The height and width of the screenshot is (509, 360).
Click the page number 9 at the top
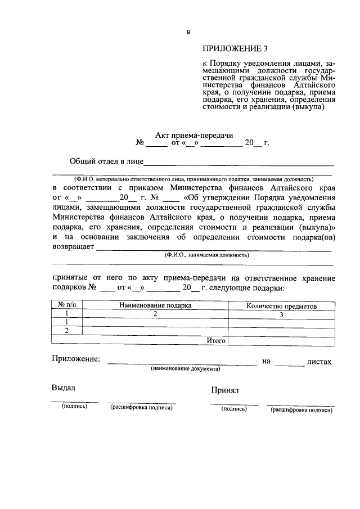(x=188, y=32)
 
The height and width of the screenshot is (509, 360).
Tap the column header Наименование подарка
(x=155, y=306)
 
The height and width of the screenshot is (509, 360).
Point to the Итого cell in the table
(x=216, y=340)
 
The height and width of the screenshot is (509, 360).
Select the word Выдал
(x=64, y=388)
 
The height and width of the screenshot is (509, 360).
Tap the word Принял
(x=226, y=389)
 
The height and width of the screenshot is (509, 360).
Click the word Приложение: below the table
(x=76, y=359)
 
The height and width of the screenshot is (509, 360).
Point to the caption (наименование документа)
(x=185, y=369)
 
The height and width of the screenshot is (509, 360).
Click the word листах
(x=319, y=362)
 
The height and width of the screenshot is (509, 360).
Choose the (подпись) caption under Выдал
(x=75, y=406)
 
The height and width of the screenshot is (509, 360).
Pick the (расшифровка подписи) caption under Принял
(x=301, y=410)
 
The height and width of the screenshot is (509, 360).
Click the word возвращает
(x=74, y=246)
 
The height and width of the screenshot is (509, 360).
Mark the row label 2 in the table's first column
(x=67, y=330)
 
